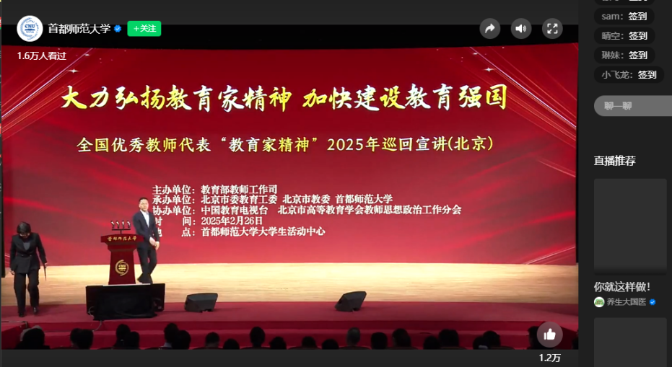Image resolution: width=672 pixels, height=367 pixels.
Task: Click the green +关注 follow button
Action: click(x=144, y=28)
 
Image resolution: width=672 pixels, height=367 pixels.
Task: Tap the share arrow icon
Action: click(x=490, y=29)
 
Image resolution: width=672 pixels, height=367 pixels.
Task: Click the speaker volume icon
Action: click(x=521, y=29)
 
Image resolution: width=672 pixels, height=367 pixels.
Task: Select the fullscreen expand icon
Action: click(x=552, y=29)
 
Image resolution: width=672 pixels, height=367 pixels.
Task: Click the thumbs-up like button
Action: click(x=549, y=335)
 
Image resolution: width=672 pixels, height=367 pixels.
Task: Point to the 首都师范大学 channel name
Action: click(x=79, y=29)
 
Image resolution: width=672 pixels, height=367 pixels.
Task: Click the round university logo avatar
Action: click(x=30, y=29)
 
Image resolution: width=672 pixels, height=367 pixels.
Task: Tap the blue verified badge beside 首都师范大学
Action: click(x=117, y=29)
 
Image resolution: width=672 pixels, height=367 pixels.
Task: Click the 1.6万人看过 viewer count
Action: click(x=42, y=56)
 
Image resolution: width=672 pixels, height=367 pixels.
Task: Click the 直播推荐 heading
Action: click(x=614, y=161)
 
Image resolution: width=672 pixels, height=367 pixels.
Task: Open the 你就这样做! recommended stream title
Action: click(x=622, y=286)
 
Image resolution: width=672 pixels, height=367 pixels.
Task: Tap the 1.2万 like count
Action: click(x=549, y=358)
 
